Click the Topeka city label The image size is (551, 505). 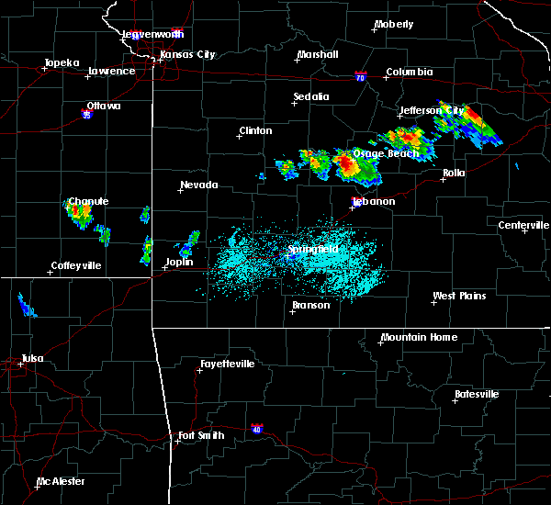coord(62,63)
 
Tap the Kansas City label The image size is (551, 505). coord(187,54)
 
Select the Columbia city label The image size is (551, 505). coord(409,72)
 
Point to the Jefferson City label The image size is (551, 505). coord(432,110)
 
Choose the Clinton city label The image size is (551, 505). coord(255,130)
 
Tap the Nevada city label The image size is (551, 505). coord(199,185)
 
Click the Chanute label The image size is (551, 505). coord(88,201)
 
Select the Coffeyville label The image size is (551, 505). coord(77,265)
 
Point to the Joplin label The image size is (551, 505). coord(179,262)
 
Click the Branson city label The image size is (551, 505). coord(311,305)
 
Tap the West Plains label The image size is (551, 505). coord(460,296)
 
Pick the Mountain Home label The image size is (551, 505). coord(419,337)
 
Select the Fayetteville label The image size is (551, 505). coord(228,364)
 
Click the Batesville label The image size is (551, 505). coord(477,394)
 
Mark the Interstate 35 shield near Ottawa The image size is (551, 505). coord(86,115)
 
